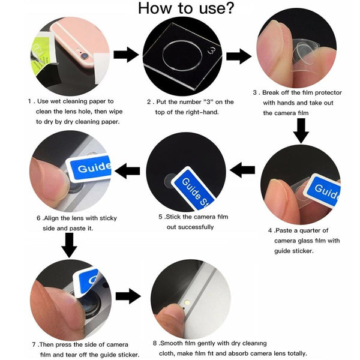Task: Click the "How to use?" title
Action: pyautogui.click(x=186, y=9)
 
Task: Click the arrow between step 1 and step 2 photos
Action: pyautogui.click(x=126, y=55)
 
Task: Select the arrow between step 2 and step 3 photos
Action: pyautogui.click(x=238, y=56)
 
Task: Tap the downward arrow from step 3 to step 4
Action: pyautogui.click(x=301, y=130)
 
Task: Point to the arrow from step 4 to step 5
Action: pyautogui.click(x=242, y=170)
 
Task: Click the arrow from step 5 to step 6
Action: pyautogui.click(x=127, y=172)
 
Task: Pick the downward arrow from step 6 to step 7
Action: pyautogui.click(x=70, y=245)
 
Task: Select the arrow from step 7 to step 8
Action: pyautogui.click(x=127, y=296)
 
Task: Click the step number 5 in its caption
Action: pyautogui.click(x=161, y=217)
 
